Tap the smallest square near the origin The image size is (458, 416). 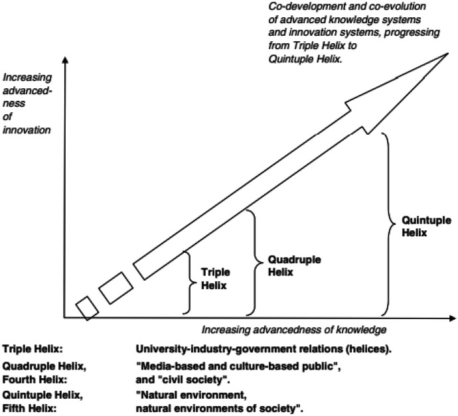point(87,307)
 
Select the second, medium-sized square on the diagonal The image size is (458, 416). point(116,287)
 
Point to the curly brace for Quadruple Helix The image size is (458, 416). point(248,261)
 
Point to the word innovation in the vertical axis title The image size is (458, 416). point(26,129)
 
